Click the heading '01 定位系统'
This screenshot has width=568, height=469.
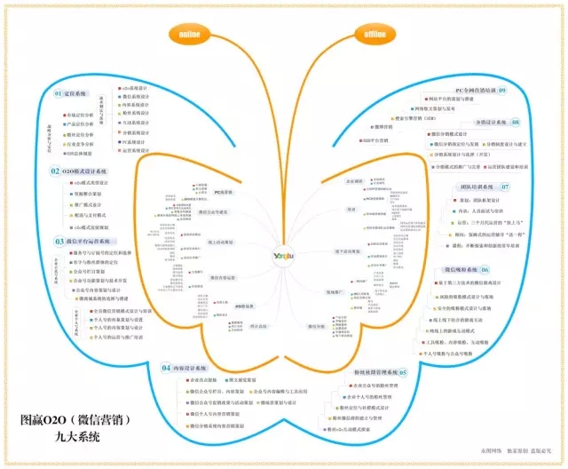click(72, 93)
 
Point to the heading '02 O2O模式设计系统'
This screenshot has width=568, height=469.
click(78, 170)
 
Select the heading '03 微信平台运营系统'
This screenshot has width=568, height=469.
click(83, 241)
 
